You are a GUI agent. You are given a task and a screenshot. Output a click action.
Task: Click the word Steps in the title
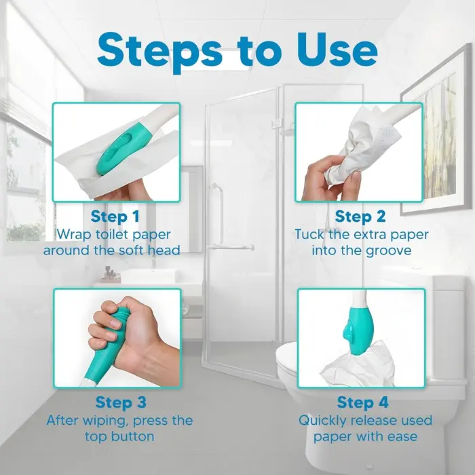tap(160, 52)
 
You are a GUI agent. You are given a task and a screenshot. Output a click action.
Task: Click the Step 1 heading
tap(115, 216)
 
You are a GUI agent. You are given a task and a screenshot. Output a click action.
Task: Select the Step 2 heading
tap(360, 216)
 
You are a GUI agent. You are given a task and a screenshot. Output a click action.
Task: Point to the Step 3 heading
tap(121, 402)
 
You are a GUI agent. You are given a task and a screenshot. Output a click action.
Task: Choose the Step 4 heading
tap(362, 402)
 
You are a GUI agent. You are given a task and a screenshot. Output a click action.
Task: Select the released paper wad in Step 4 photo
tap(359, 365)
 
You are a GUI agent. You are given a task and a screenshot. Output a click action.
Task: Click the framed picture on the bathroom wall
tap(436, 133)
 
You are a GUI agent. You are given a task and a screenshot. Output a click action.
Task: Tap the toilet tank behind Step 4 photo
tap(448, 327)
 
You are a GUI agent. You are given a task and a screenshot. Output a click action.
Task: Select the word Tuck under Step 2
tap(309, 235)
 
